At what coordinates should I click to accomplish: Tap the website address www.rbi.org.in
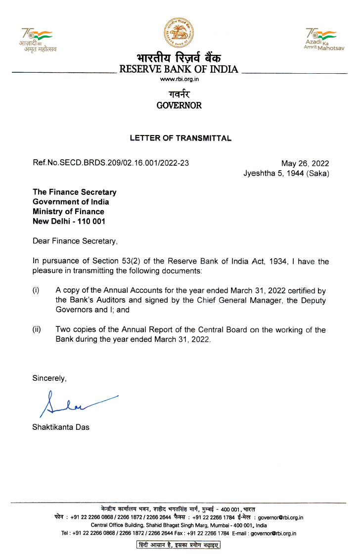point(179,80)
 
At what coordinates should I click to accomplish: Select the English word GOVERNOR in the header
point(179,105)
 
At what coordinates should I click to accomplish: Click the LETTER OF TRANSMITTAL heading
point(180,138)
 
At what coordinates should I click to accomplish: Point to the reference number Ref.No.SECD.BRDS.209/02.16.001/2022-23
point(110,163)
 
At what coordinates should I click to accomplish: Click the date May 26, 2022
point(305,164)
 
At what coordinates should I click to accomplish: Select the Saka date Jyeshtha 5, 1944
point(286,173)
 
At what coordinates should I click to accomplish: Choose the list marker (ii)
point(37,329)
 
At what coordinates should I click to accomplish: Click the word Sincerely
point(49,378)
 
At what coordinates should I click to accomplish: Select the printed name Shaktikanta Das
point(61,427)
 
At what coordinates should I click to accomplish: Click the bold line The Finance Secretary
point(75,192)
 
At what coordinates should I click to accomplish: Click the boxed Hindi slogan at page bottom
point(179,545)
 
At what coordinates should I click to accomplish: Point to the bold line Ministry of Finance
point(68,212)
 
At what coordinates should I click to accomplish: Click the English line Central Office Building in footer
point(179,525)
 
